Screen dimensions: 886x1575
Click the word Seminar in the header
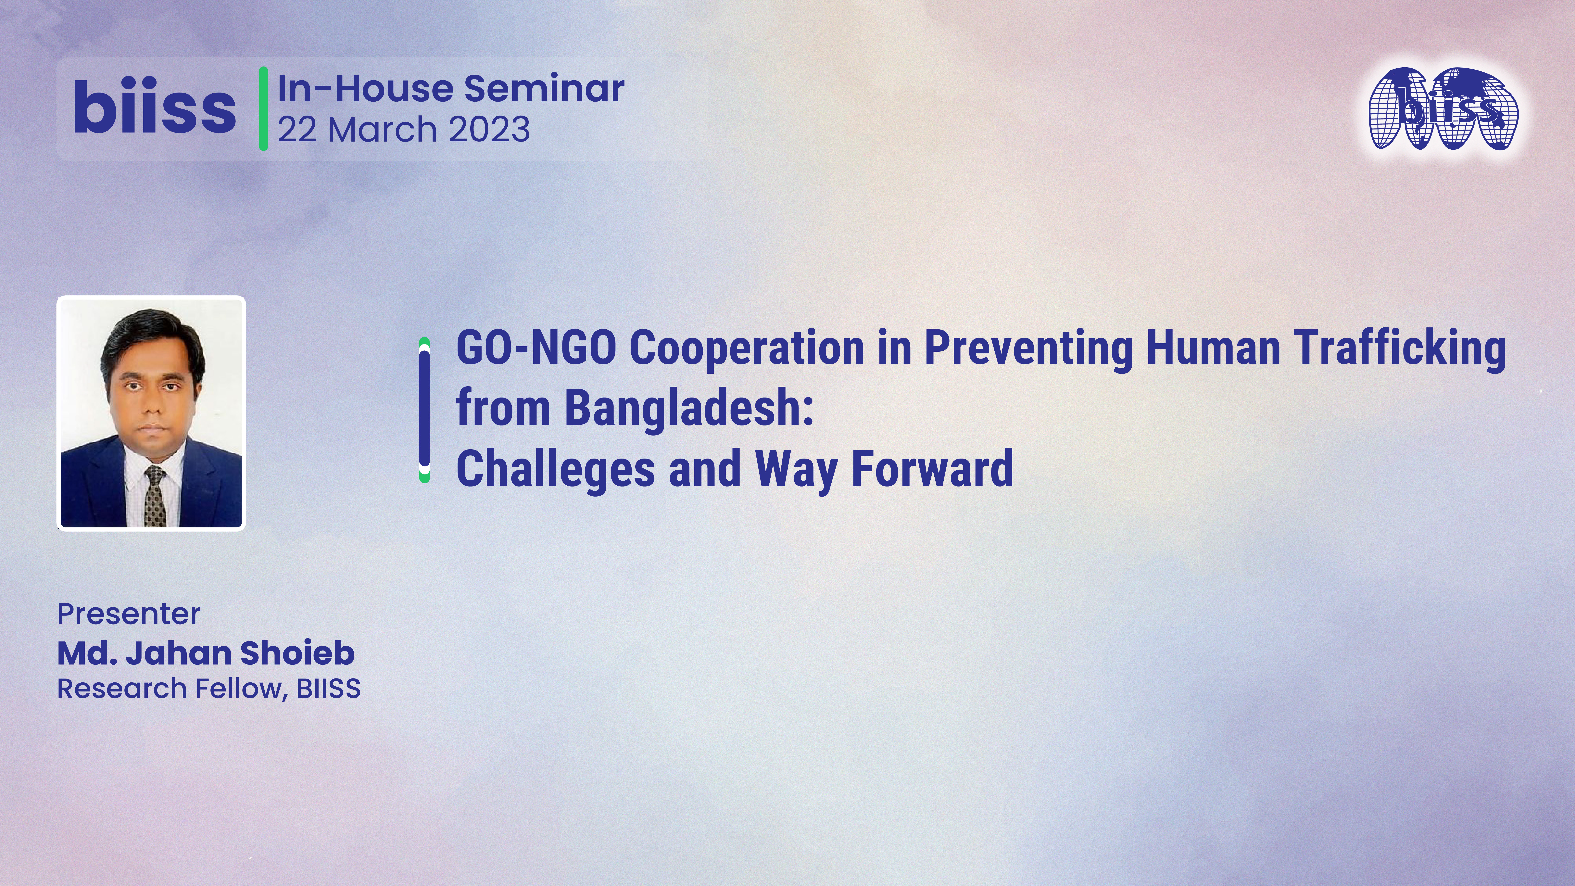click(x=544, y=89)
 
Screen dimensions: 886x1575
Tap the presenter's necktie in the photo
click(x=155, y=495)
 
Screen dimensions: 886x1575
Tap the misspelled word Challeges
click(x=555, y=468)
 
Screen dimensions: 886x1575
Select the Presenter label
click(x=128, y=614)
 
